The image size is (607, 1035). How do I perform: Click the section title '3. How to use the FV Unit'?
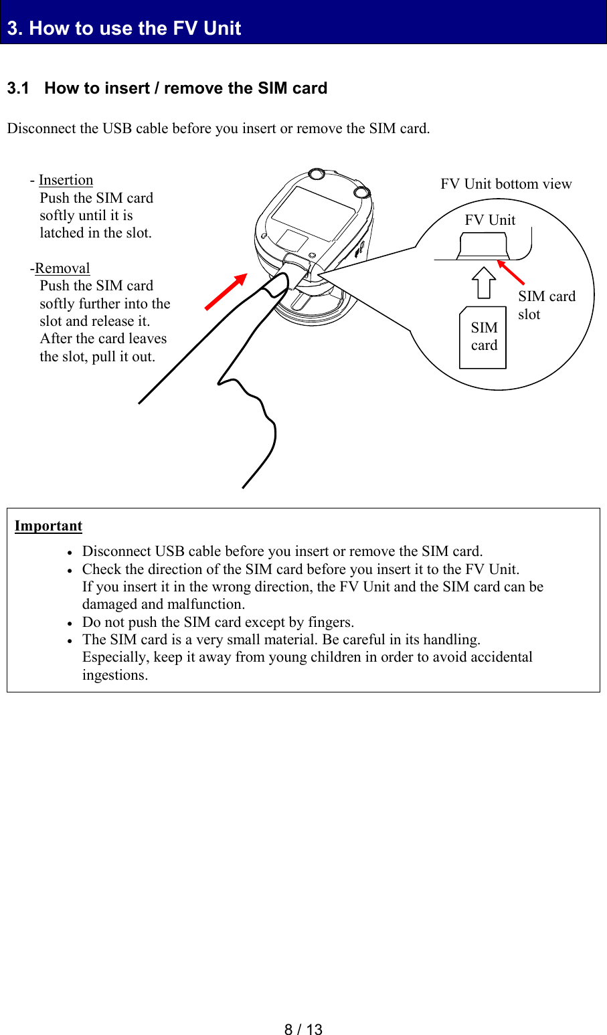pyautogui.click(x=124, y=28)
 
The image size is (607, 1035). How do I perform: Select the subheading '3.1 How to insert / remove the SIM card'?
pyautogui.click(x=167, y=88)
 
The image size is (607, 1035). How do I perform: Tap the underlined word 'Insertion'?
pyautogui.click(x=66, y=180)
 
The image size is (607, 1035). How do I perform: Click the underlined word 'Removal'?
pyautogui.click(x=62, y=268)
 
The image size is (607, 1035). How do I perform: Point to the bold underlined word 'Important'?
pyautogui.click(x=48, y=526)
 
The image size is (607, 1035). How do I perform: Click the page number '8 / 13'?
pyautogui.click(x=303, y=1030)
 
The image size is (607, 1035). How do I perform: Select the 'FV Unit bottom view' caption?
pyautogui.click(x=506, y=184)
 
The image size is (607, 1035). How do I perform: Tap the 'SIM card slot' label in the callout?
pyautogui.click(x=545, y=305)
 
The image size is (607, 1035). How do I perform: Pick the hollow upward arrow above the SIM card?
pyautogui.click(x=484, y=282)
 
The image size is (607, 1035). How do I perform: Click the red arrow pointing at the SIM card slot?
pyautogui.click(x=511, y=273)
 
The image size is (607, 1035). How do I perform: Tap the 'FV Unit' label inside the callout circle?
pyautogui.click(x=490, y=220)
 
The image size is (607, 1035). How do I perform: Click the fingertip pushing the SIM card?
pyautogui.click(x=274, y=287)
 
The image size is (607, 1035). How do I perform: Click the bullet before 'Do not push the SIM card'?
pyautogui.click(x=70, y=623)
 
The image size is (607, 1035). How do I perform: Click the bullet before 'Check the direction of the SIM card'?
pyautogui.click(x=70, y=570)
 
